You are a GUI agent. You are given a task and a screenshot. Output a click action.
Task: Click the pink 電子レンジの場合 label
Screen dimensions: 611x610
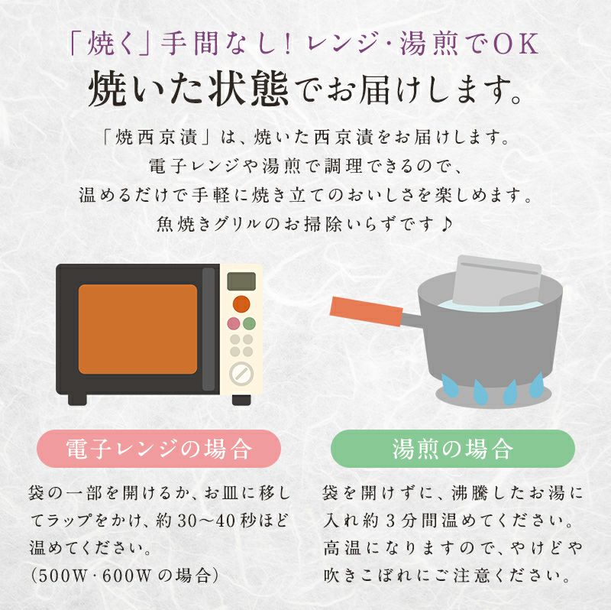click(159, 448)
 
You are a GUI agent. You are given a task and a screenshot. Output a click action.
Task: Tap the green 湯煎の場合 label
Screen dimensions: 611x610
click(452, 448)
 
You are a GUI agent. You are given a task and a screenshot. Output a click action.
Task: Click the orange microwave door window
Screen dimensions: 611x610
click(138, 329)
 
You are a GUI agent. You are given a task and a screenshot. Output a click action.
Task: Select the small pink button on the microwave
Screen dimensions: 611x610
click(234, 323)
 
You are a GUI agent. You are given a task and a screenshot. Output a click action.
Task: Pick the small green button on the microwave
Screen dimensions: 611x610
click(249, 323)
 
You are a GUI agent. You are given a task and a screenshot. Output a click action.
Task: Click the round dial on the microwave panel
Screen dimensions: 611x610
click(241, 373)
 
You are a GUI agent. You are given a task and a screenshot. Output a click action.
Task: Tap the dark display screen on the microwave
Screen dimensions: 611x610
click(241, 281)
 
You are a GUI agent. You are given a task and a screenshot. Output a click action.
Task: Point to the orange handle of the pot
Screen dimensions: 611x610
click(366, 311)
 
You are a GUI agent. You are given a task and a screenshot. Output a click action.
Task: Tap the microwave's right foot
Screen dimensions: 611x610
click(241, 399)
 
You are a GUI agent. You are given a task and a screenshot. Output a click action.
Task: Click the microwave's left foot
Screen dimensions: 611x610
click(77, 398)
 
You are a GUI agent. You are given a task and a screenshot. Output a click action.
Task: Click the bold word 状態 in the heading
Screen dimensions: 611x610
click(247, 89)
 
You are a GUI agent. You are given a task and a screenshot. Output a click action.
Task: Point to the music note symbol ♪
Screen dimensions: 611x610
click(446, 223)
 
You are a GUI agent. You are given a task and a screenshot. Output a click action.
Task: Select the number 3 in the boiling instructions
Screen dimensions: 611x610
click(390, 521)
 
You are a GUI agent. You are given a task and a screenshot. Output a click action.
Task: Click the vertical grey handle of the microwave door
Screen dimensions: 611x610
click(209, 329)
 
